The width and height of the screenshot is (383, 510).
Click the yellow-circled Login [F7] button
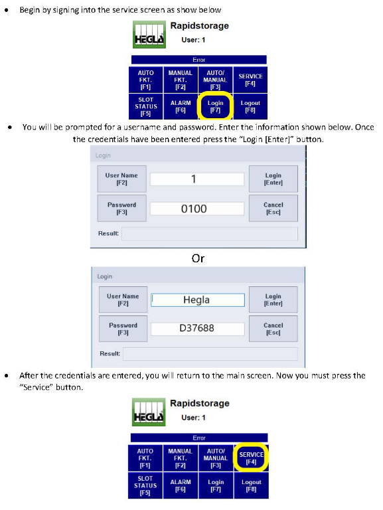pos(215,106)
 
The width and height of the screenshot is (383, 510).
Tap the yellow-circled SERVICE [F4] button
pos(251,458)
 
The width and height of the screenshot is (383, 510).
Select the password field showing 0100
pos(197,209)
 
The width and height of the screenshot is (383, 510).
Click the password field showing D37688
pos(197,328)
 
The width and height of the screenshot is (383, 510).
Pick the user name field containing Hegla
pos(198,300)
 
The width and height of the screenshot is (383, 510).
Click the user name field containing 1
pos(197,179)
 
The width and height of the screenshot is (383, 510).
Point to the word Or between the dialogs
pos(198,258)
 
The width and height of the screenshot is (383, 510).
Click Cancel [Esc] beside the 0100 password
pos(273,208)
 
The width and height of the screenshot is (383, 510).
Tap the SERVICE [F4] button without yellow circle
pos(250,80)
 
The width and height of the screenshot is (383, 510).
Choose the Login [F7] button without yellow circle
pos(216,485)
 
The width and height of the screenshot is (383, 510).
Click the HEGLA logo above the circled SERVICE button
pos(149,412)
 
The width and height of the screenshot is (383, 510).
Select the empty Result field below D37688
pos(210,354)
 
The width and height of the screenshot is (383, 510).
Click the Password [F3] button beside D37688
pos(123,329)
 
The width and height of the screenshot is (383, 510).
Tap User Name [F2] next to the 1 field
pos(121,179)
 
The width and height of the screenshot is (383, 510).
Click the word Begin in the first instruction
pos(31,10)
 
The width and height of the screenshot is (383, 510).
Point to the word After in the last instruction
pos(29,375)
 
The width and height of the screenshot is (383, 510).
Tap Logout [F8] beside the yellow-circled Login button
pos(250,106)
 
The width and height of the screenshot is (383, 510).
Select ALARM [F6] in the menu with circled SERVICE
pos(181,485)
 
